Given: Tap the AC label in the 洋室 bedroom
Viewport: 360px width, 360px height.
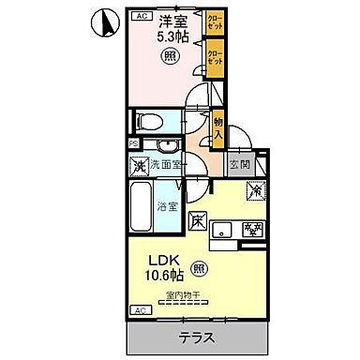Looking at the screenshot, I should pos(140,17).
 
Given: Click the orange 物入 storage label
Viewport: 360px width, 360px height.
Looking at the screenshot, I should pos(217,129).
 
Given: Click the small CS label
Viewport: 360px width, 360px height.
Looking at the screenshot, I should pos(134,142).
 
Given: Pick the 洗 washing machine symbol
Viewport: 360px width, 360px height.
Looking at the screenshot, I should pos(139,167).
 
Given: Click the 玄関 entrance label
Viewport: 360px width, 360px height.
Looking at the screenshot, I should pos(238,164).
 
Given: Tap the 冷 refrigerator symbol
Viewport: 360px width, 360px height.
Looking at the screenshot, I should pos(253,190).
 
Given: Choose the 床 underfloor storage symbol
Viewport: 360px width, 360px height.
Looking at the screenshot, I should pos(198,222).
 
